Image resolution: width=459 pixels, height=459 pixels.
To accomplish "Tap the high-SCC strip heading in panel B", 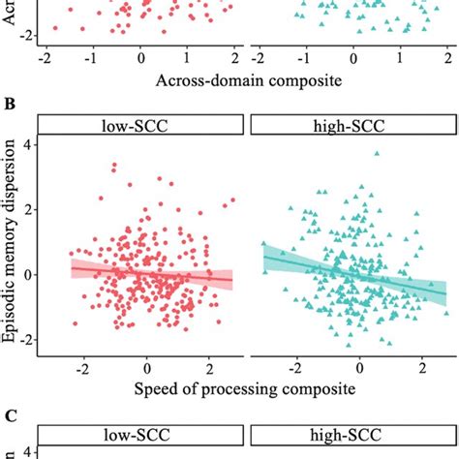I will (x=352, y=125).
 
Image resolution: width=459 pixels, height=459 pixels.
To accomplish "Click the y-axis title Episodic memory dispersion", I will (x=11, y=242).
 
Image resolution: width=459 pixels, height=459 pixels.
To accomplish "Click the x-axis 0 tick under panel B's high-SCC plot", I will (x=359, y=369).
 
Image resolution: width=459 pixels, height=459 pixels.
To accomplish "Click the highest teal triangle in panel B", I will (x=376, y=153).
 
